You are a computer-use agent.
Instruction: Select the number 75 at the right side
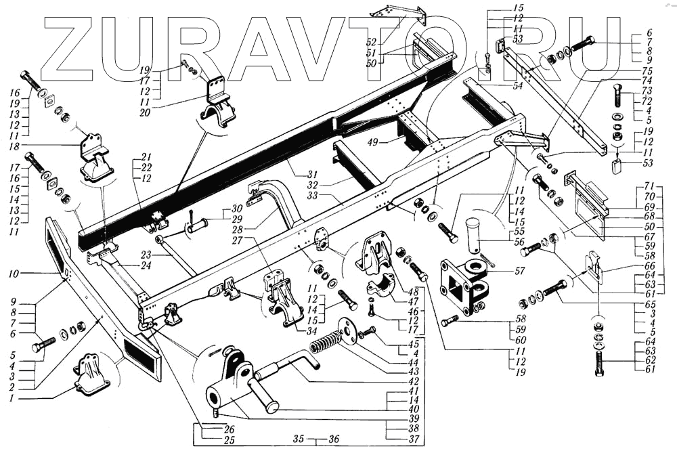pos(647,70)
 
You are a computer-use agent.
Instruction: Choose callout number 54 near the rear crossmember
pos(518,87)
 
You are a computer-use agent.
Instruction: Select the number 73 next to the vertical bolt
pos(647,90)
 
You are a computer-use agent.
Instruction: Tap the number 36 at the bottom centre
pos(333,438)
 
